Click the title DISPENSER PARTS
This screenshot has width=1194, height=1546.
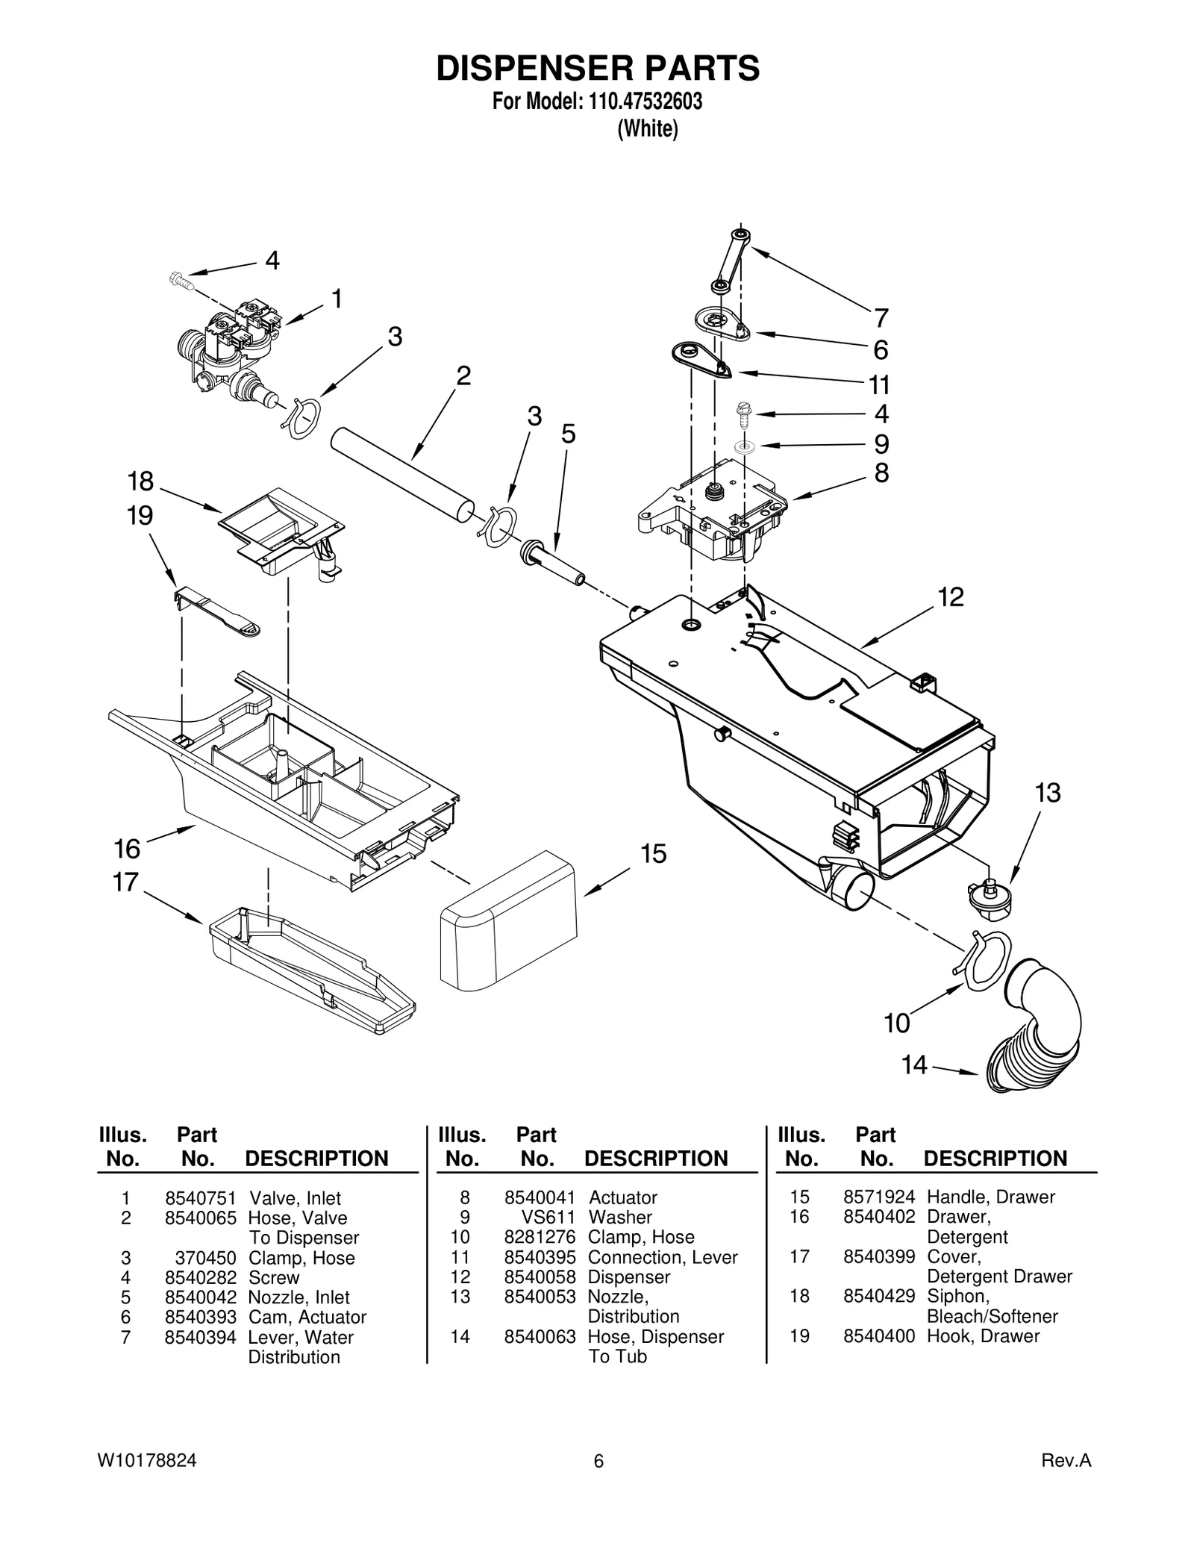[x=597, y=68]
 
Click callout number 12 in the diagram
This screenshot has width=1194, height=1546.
[x=950, y=597]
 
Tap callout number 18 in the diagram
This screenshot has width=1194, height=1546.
[x=140, y=481]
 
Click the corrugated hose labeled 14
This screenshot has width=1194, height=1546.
[x=1034, y=1026]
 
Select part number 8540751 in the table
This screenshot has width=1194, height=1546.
[x=200, y=1199]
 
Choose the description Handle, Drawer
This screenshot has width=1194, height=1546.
[x=990, y=1197]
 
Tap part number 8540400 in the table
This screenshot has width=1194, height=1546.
[x=878, y=1336]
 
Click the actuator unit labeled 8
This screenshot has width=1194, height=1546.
[x=713, y=508]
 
